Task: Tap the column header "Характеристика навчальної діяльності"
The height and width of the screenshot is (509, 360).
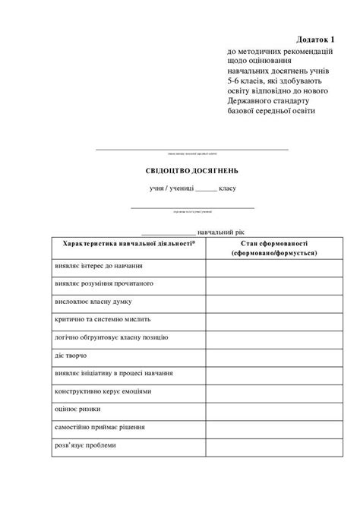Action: [x=130, y=242]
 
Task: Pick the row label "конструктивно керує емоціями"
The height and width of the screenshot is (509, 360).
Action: [x=103, y=391]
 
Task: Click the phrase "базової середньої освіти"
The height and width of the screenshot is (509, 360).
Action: [x=270, y=111]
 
